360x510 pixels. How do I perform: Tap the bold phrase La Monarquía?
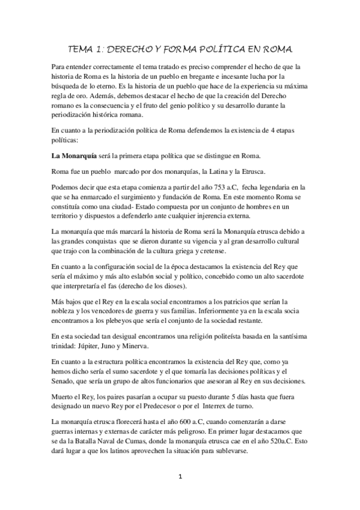tap(75, 156)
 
